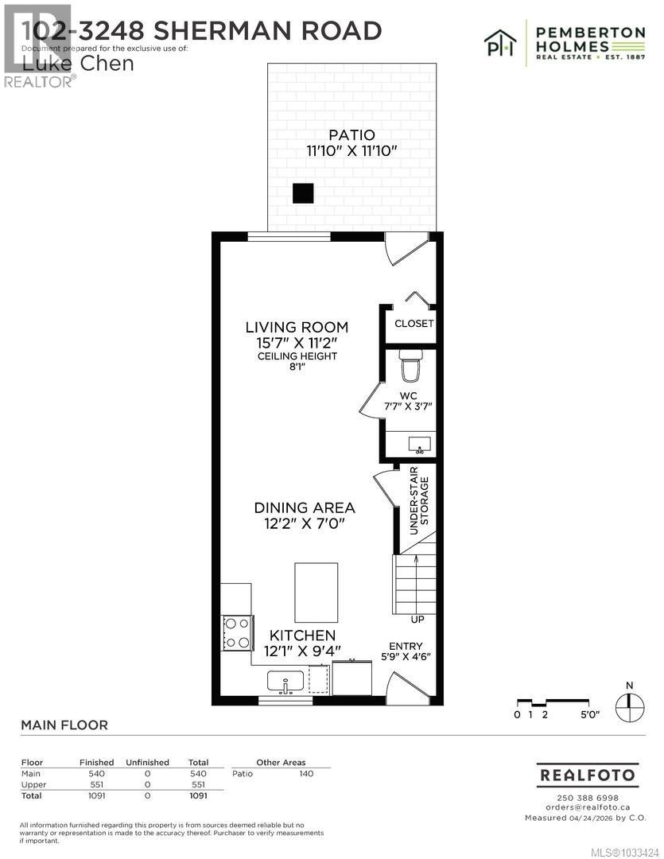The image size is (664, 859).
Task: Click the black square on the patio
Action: [303, 193]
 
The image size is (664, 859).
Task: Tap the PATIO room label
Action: [351, 135]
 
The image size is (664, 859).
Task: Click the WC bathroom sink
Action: [419, 442]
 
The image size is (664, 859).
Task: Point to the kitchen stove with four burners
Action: [237, 633]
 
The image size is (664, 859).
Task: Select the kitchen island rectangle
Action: [316, 593]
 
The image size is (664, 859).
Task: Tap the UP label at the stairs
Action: [417, 620]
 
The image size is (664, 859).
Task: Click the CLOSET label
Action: [414, 324]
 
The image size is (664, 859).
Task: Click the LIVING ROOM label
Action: [297, 327]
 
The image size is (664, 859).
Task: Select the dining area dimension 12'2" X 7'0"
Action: [305, 523]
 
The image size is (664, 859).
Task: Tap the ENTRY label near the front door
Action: [406, 646]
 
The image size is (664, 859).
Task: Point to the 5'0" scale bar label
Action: [588, 715]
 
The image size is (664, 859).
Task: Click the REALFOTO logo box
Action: [588, 775]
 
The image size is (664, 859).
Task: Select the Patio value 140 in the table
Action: [305, 773]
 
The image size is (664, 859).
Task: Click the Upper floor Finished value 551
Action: [96, 784]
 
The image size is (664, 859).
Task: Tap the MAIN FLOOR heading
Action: [64, 725]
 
